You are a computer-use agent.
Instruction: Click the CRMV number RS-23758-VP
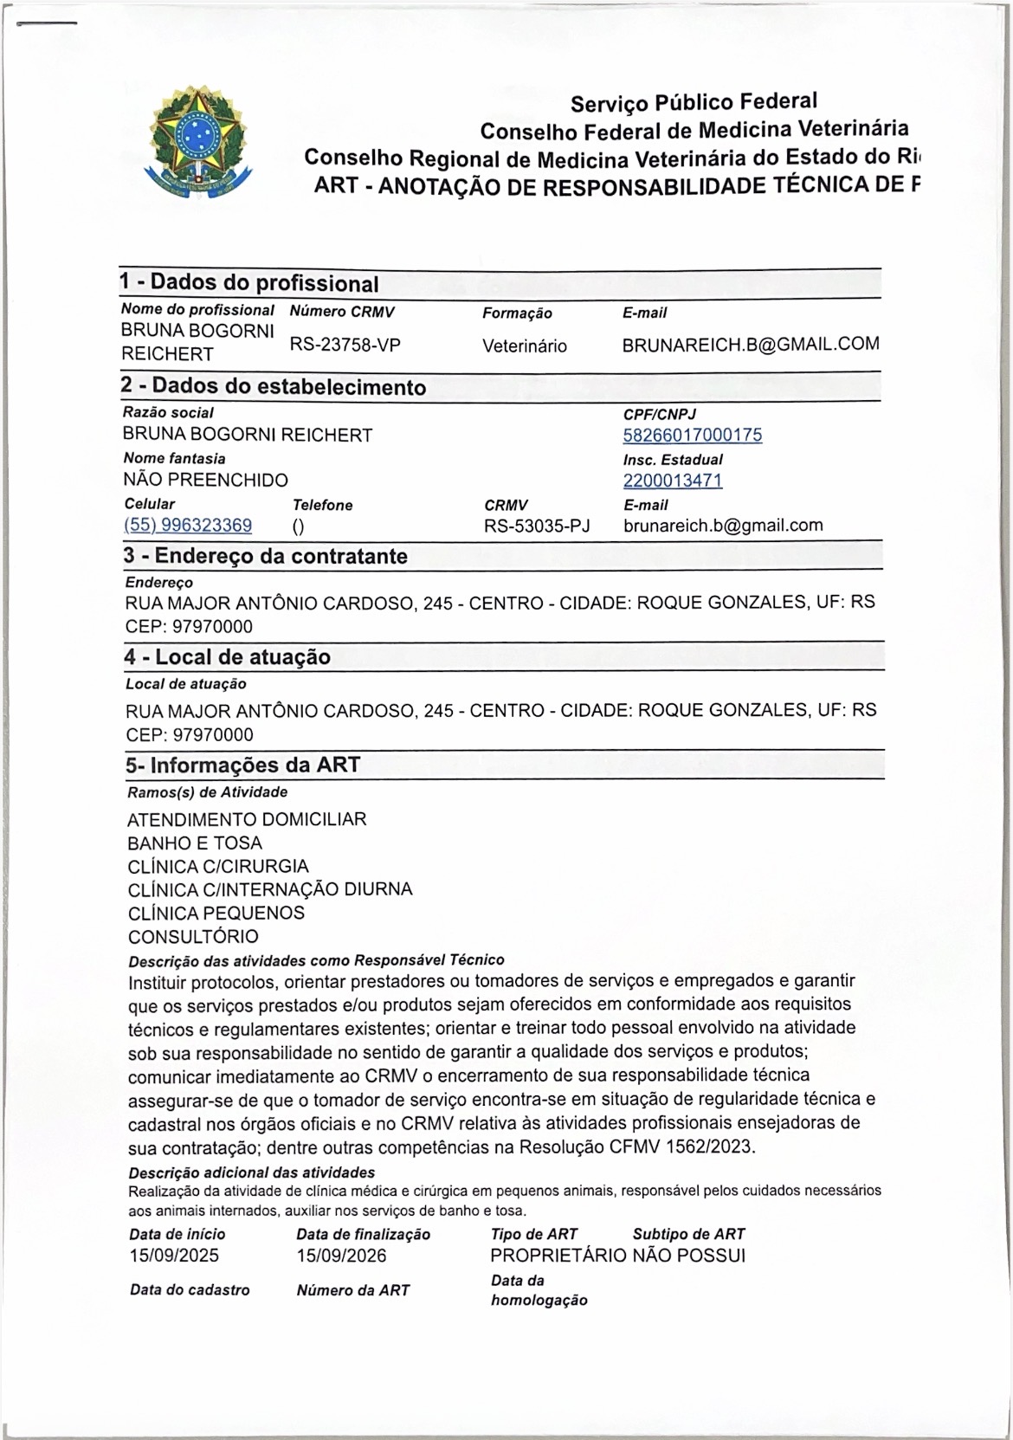pos(345,345)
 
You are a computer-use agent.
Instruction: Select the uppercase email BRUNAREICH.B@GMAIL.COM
pos(750,344)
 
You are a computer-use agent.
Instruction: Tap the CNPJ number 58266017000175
pos(693,435)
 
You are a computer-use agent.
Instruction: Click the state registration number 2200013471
pos(673,481)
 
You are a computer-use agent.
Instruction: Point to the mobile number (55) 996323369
pos(189,526)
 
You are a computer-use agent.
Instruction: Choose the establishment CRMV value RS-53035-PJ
pos(537,526)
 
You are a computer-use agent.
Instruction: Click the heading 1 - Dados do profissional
pos(249,283)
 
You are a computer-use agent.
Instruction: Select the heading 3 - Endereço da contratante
pos(265,556)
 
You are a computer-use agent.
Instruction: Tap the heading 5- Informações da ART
pos(242,765)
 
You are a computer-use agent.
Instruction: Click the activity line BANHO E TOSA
pos(195,843)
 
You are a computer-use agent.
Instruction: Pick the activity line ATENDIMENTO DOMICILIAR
pos(247,819)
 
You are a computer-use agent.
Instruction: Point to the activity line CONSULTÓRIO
pos(193,936)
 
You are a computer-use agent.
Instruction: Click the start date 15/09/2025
pos(174,1256)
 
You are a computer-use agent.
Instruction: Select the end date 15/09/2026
pos(341,1256)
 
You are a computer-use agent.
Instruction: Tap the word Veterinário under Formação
pos(525,346)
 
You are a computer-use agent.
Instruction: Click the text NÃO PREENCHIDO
pos(206,480)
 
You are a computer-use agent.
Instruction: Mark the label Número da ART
pos(353,1290)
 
